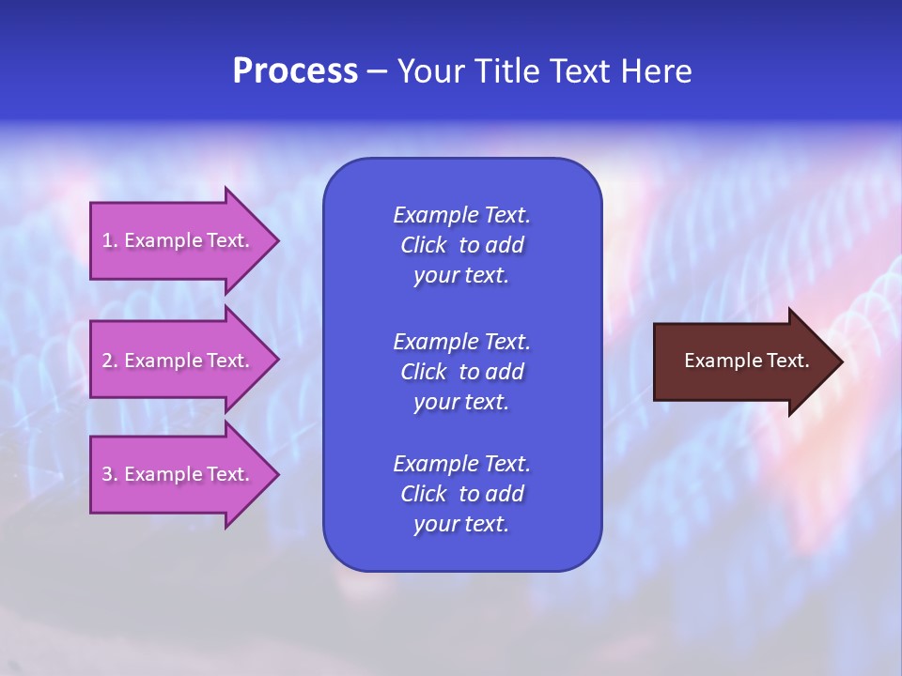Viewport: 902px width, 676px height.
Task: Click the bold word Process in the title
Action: click(295, 71)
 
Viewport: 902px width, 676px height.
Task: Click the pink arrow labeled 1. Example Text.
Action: click(176, 240)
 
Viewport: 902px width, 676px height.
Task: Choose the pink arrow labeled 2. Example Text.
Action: click(176, 361)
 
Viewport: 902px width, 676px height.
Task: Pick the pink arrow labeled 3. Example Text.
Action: click(176, 474)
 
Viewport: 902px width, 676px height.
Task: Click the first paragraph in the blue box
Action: click(461, 245)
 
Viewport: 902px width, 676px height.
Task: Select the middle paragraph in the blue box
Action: click(461, 372)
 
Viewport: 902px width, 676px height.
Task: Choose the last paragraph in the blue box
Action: click(461, 494)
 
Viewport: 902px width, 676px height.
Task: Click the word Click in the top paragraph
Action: click(423, 245)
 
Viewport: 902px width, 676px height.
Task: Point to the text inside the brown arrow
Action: click(746, 361)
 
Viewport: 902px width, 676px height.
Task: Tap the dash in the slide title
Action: click(377, 72)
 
